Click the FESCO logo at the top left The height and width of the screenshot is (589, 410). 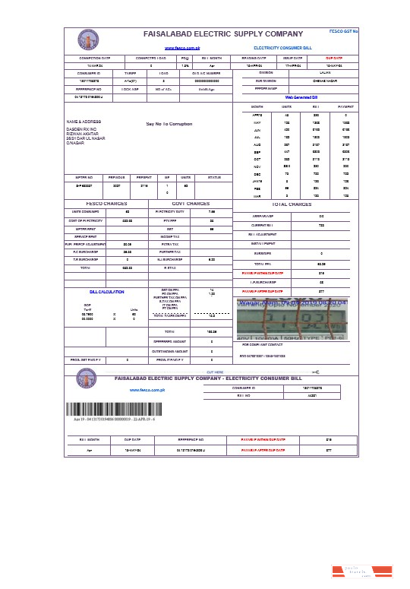[86, 40]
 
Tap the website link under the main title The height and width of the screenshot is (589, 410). [176, 47]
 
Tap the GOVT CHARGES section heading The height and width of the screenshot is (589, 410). [191, 204]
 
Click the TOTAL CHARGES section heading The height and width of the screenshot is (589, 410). [292, 204]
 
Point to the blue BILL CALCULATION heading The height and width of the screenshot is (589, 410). [106, 291]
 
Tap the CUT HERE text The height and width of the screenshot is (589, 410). [215, 372]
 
